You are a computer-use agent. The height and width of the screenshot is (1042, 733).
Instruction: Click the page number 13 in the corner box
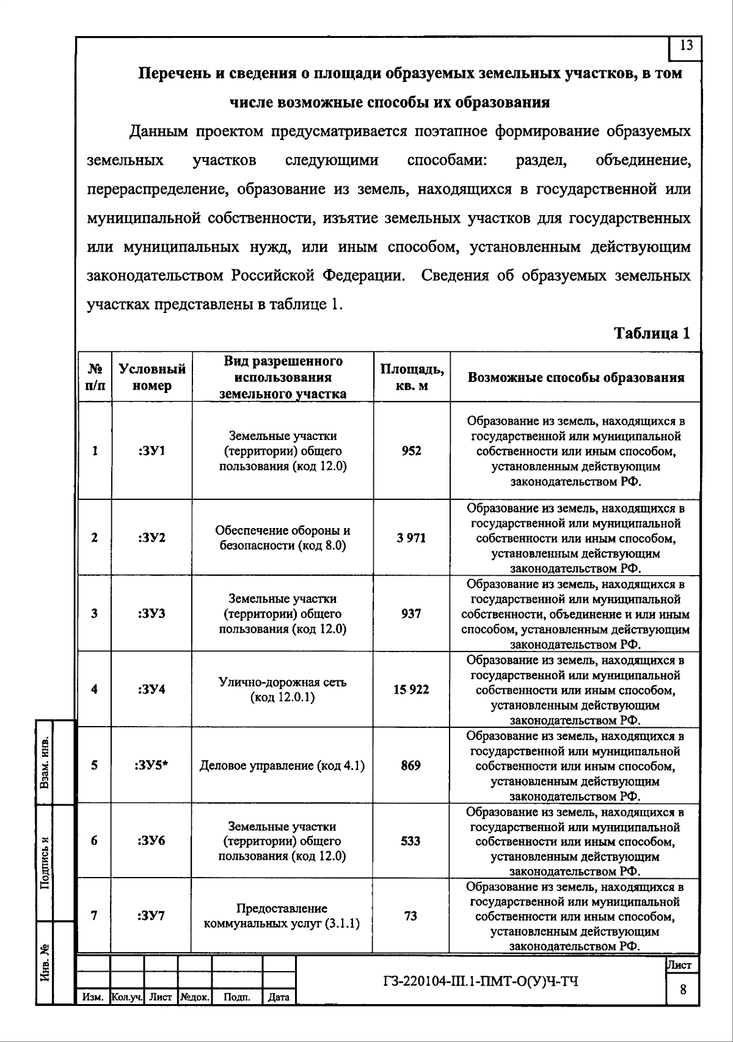(686, 45)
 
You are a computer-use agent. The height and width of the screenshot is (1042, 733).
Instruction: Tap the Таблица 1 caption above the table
(652, 333)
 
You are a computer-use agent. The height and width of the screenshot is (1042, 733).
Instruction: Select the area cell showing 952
(411, 451)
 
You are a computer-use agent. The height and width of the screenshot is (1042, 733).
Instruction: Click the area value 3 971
(411, 538)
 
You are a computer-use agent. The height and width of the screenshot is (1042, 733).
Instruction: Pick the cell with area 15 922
(411, 689)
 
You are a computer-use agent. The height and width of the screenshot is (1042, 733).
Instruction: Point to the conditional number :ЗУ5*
(151, 765)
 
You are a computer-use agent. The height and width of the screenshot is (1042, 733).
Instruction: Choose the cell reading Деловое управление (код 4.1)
(282, 765)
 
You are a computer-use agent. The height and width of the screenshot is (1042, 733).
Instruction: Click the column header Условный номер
(152, 377)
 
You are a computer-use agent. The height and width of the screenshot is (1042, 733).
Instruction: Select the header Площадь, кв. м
(412, 377)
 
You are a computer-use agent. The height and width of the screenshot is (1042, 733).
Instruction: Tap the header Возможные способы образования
(575, 377)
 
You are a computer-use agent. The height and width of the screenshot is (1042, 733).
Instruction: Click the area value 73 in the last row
(411, 915)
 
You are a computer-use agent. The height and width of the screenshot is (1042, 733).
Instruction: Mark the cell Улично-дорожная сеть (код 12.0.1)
(282, 689)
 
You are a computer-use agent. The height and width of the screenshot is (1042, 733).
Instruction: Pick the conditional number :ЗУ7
(151, 915)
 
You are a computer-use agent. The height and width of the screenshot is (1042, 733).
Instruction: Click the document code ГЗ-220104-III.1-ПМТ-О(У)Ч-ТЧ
(480, 981)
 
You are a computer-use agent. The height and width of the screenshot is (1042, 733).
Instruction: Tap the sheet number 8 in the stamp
(683, 989)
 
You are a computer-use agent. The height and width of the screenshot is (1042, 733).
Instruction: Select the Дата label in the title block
(279, 997)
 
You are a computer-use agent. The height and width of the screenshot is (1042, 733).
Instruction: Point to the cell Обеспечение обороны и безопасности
(282, 538)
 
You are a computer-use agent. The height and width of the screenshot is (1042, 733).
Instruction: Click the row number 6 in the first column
(94, 840)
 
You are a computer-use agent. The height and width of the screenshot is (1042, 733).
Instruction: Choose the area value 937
(411, 614)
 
